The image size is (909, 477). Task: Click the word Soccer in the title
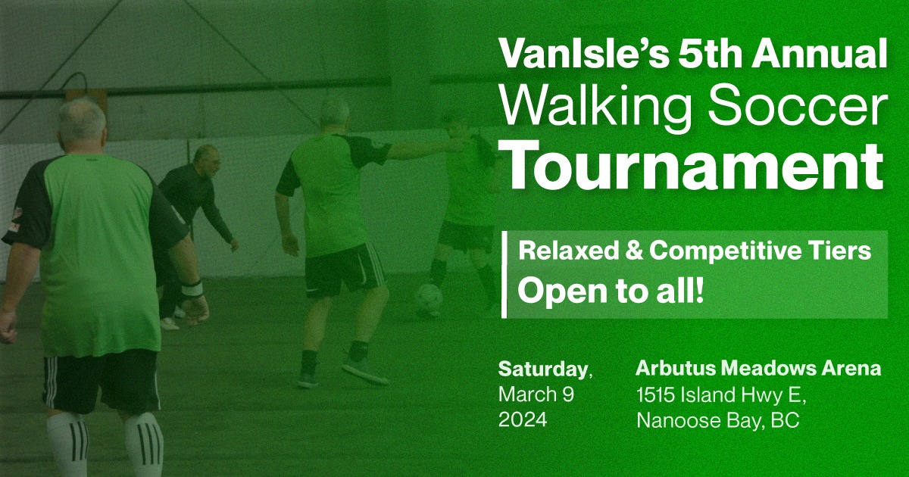tap(796, 106)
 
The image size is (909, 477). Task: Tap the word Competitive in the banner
tap(727, 251)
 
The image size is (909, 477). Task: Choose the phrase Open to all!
tap(611, 290)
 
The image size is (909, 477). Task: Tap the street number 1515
tap(656, 395)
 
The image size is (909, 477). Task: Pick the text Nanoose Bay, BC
tap(718, 421)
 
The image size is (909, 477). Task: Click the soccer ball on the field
tap(430, 299)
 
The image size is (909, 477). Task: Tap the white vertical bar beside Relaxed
tap(504, 274)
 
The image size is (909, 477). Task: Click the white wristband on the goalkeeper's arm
tap(192, 289)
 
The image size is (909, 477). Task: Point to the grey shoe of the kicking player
tap(365, 370)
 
